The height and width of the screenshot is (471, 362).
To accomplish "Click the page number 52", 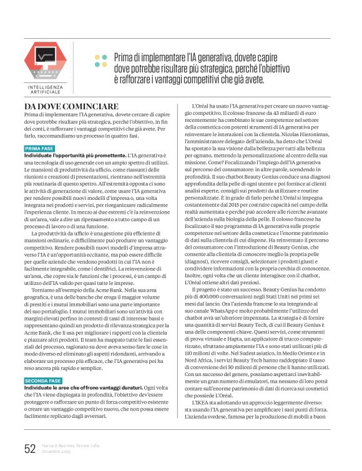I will pos(30,449).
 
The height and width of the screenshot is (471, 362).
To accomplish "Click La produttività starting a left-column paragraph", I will pos(47,232).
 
